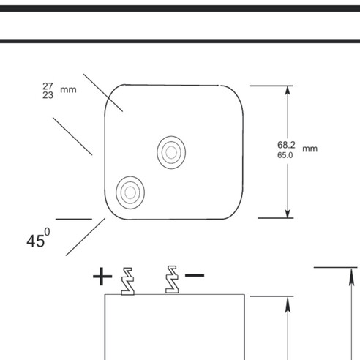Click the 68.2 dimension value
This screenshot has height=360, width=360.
[286, 145]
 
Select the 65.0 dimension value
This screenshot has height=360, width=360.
[285, 155]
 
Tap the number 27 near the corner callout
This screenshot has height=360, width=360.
[48, 86]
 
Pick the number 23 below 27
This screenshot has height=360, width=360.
[48, 95]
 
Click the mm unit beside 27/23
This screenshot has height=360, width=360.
[68, 90]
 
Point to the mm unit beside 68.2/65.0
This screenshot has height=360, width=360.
[310, 149]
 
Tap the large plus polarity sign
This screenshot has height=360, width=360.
[102, 277]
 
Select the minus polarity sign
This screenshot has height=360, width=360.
[195, 275]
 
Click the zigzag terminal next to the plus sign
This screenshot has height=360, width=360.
[128, 281]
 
